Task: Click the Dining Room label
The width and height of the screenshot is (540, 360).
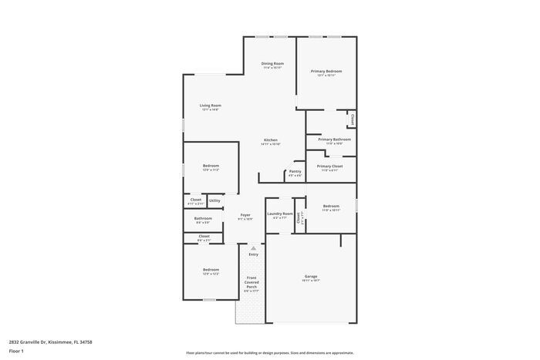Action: click(272, 63)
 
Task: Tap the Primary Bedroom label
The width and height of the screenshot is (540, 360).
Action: click(326, 71)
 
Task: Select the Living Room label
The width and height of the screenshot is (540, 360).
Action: click(211, 106)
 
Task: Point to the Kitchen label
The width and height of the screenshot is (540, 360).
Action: click(270, 140)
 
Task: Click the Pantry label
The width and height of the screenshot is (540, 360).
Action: click(295, 171)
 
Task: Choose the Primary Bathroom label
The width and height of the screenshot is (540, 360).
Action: click(334, 140)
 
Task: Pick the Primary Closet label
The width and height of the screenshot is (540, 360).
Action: click(329, 166)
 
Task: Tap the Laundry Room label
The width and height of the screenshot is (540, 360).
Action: click(280, 214)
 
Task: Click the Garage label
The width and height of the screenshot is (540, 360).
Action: click(311, 276)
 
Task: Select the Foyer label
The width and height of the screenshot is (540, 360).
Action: click(245, 215)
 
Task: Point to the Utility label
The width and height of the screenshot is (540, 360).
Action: click(214, 200)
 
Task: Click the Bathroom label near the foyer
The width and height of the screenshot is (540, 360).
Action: click(203, 218)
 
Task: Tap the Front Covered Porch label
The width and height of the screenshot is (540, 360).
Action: click(251, 282)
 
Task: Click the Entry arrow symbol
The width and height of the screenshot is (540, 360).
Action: click(253, 248)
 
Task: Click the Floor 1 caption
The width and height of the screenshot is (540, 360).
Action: click(17, 351)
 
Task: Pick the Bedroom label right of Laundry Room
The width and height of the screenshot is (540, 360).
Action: click(331, 206)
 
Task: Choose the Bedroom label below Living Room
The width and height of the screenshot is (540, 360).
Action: click(211, 166)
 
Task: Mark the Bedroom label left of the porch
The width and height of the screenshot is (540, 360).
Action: click(211, 270)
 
